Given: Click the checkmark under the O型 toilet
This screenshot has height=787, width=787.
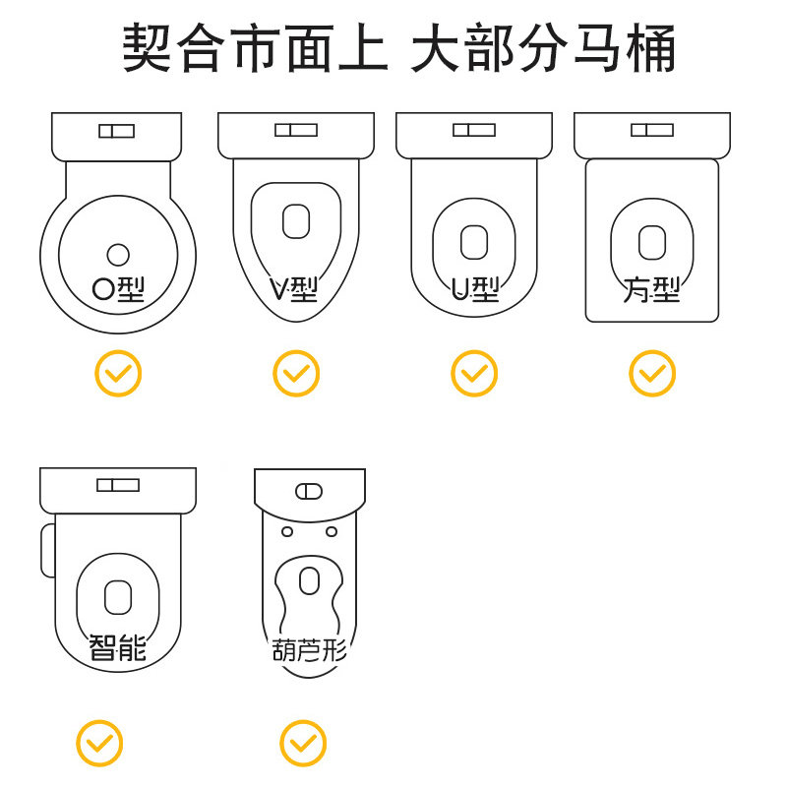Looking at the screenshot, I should pos(118,374).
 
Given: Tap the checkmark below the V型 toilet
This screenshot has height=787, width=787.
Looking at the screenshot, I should pos(296,374).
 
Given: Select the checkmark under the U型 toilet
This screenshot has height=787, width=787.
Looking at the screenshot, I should pos(474,374).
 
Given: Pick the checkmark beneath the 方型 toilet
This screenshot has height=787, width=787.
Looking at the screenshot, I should pos(652,374).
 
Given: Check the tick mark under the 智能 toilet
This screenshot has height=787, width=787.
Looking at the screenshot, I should pos(100,743).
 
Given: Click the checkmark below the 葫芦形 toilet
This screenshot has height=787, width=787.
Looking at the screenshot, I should pos(303,743).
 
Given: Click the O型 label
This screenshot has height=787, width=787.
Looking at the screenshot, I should pos(118,288).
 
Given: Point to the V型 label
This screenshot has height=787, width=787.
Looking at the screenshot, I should pos(294,288).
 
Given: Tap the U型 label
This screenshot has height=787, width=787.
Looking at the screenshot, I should pos(475,288).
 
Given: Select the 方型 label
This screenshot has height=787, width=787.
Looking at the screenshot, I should pos(651,289).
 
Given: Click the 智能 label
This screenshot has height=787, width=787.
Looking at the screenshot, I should pos(117,648).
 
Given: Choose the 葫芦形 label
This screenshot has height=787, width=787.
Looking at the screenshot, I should pos(309,650).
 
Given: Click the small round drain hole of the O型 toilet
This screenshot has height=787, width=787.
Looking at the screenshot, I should pos(118,254).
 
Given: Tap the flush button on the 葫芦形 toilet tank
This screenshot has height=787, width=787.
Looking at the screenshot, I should pos(309,490).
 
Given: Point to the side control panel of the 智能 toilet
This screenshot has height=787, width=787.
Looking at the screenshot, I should pos(47,551).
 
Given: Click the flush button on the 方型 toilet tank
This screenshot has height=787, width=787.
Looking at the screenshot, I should pos(651,130).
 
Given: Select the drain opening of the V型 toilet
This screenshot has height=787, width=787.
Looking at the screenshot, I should pos(296,220).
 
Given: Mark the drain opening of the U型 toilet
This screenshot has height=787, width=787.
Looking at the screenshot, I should pos(474,241).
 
